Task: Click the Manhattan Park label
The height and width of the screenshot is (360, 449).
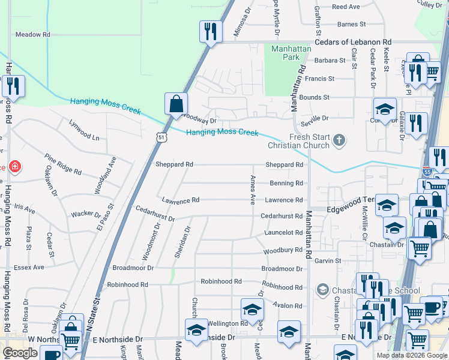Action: [285, 53]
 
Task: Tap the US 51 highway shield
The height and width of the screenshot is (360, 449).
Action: [161, 137]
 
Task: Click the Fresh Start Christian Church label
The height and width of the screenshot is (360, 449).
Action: [309, 141]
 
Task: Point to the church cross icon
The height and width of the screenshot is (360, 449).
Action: [340, 141]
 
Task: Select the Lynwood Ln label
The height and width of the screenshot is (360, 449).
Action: [84, 137]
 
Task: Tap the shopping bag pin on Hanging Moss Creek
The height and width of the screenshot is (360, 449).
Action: [176, 103]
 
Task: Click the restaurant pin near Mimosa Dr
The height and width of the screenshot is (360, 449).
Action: [211, 31]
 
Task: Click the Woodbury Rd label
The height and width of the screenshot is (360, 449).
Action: [283, 250]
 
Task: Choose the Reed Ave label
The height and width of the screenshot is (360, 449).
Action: [345, 7]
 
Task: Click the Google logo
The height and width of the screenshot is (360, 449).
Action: [20, 353]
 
